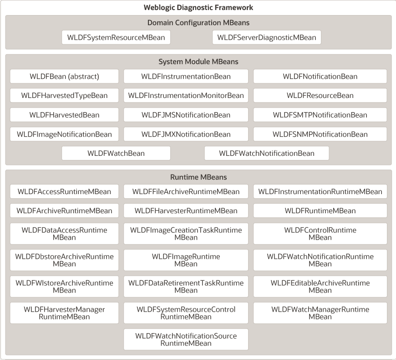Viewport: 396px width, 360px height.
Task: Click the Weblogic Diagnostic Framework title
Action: click(x=198, y=7)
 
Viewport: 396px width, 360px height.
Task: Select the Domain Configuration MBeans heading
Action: click(x=198, y=22)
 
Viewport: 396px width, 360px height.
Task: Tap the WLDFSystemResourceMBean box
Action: click(x=116, y=37)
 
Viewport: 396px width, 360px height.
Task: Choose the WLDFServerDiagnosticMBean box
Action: click(x=267, y=37)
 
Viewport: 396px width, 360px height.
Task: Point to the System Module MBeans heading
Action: click(x=198, y=62)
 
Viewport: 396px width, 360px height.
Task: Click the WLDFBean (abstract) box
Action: click(x=64, y=76)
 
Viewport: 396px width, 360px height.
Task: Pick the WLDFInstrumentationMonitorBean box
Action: click(x=186, y=95)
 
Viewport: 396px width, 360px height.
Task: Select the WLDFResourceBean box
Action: click(x=320, y=95)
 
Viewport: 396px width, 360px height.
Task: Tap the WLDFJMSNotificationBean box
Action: click(x=186, y=115)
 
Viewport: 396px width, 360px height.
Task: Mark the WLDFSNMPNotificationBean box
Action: click(x=320, y=134)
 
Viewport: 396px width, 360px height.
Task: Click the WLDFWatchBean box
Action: click(x=116, y=153)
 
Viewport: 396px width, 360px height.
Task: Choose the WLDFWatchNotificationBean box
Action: click(x=267, y=153)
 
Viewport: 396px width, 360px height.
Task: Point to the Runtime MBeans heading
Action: click(x=198, y=177)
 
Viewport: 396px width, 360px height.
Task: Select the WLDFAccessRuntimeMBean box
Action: click(x=64, y=191)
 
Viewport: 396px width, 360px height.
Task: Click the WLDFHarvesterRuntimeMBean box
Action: click(x=186, y=211)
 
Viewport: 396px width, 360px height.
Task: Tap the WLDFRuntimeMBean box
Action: click(x=320, y=211)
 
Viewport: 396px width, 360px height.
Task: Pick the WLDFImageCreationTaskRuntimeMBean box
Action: click(x=186, y=233)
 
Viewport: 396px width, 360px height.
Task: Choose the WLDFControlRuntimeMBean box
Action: click(x=320, y=233)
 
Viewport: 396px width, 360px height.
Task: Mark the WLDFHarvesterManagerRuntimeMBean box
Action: click(x=64, y=313)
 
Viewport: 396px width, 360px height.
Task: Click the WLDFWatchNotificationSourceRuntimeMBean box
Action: click(x=186, y=339)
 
